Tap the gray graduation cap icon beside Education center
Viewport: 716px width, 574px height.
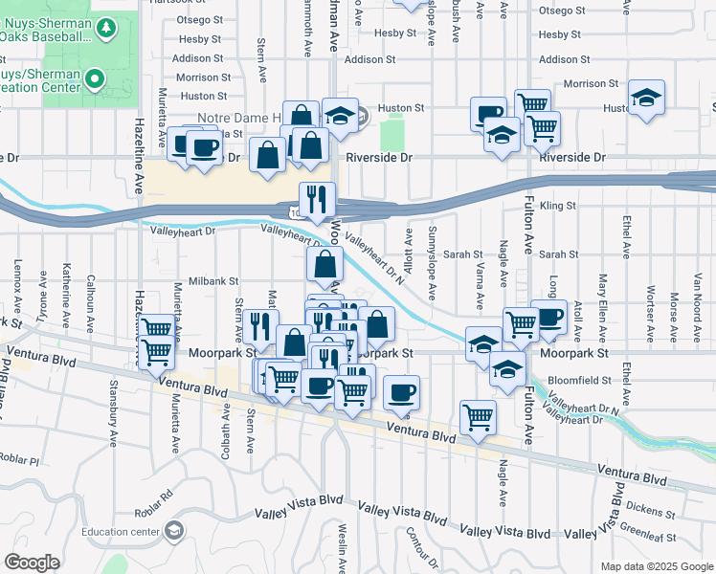click(x=173, y=529)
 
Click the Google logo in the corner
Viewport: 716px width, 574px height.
click(x=32, y=563)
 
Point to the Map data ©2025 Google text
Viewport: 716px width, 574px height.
click(x=657, y=566)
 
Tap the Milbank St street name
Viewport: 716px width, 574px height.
click(x=213, y=281)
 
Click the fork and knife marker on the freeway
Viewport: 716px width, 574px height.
click(x=317, y=200)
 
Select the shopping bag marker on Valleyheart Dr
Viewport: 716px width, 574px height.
click(x=324, y=265)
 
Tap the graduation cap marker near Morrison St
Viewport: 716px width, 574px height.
click(x=647, y=98)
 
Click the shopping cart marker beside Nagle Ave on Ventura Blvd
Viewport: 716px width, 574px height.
click(x=478, y=416)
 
